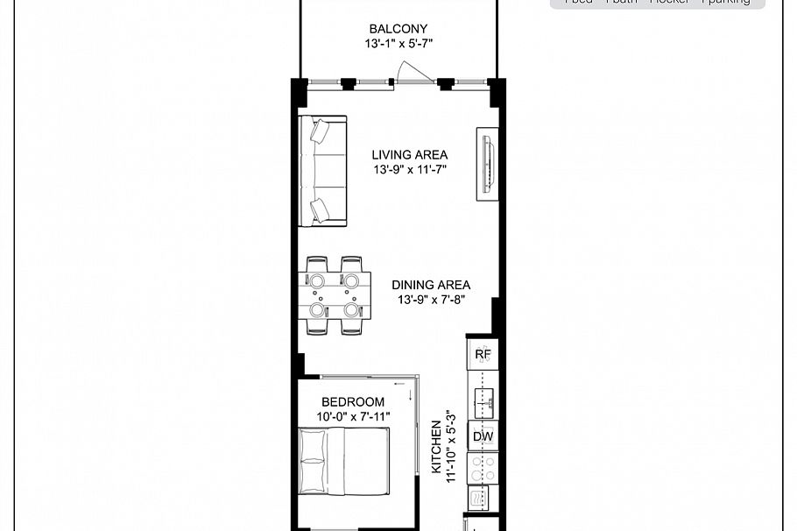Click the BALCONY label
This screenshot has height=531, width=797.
tap(398, 28)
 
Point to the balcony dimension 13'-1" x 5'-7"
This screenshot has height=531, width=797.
tap(398, 43)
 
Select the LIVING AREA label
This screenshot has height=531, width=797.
tap(409, 155)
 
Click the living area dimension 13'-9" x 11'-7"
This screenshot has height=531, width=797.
tap(409, 169)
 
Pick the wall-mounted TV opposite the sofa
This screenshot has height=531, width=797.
tap(487, 163)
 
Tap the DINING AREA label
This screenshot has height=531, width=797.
tap(431, 285)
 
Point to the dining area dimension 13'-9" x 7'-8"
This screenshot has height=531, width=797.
tap(430, 299)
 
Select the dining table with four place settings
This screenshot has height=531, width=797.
tap(334, 295)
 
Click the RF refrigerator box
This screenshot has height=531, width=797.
tap(483, 355)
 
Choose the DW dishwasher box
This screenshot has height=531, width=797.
tap(483, 436)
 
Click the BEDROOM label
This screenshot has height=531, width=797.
tap(352, 402)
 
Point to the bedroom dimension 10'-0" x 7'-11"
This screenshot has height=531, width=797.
tap(352, 416)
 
